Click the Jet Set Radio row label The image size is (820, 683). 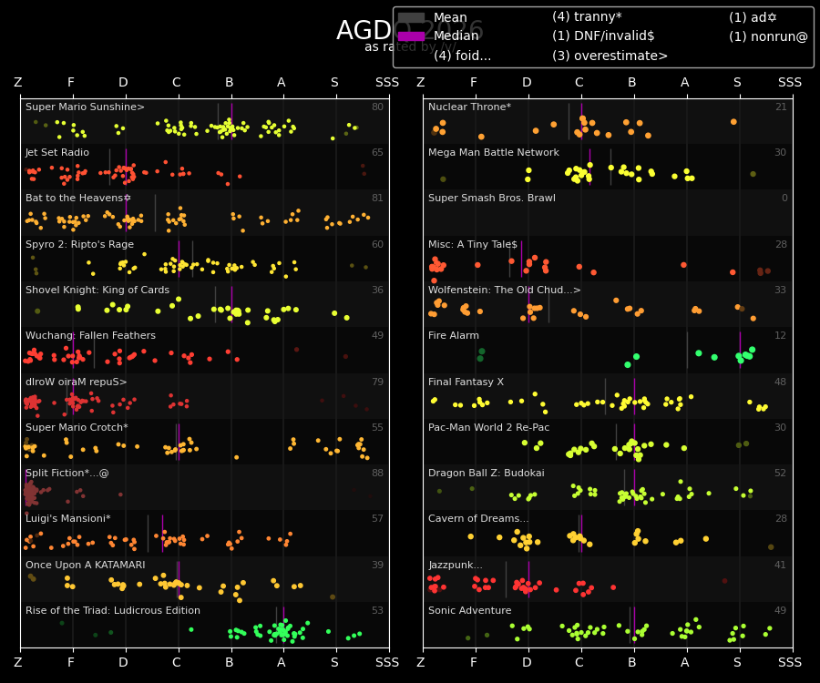pos(57,153)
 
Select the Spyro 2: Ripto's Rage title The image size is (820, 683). pos(79,245)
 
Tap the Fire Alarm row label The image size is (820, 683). pos(454,336)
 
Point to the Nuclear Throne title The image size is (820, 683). pos(469,107)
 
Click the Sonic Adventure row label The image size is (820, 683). pos(470,611)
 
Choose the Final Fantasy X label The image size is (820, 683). pos(466,382)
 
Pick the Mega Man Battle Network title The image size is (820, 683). pos(494,153)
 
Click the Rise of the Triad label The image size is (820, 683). pos(113,611)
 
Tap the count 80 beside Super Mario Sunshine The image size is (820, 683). pos(377,107)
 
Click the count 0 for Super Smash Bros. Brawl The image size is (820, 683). pos(784,199)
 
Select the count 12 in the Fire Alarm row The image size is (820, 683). pos(781,336)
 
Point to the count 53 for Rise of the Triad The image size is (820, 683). pos(377,611)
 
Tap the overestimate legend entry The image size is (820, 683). pos(610,56)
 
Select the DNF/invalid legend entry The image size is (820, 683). pos(603,36)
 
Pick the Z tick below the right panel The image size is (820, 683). pos(420,663)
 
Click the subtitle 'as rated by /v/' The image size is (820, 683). pos(410,47)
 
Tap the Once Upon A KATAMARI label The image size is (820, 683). pos(85,566)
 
